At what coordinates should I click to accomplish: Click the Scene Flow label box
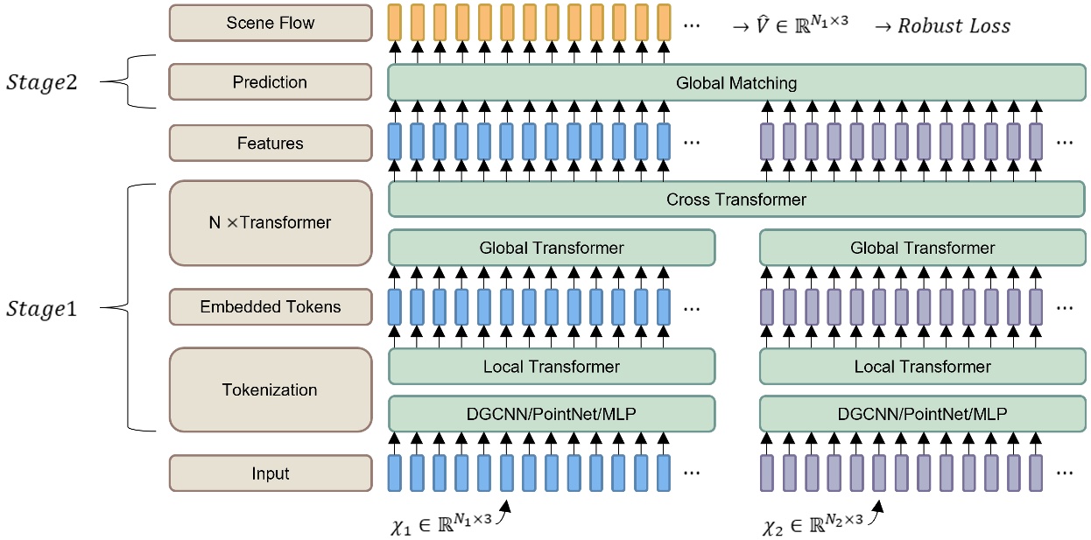click(x=270, y=22)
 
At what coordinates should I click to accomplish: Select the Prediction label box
click(x=270, y=82)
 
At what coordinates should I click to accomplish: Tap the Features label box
click(x=270, y=144)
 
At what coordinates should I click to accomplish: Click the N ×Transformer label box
click(x=270, y=222)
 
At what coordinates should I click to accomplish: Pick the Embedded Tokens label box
click(x=270, y=306)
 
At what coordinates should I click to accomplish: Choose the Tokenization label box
click(x=270, y=389)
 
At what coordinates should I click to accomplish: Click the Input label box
click(x=270, y=473)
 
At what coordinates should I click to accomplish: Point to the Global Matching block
click(x=736, y=83)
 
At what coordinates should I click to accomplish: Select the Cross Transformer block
click(x=736, y=200)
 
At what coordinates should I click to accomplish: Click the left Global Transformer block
click(x=552, y=248)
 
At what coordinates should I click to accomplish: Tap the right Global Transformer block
click(x=923, y=248)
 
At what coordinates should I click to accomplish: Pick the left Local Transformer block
click(x=552, y=367)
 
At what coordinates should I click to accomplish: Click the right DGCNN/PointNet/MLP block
click(x=923, y=413)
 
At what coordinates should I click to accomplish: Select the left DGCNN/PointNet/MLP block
click(x=552, y=413)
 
